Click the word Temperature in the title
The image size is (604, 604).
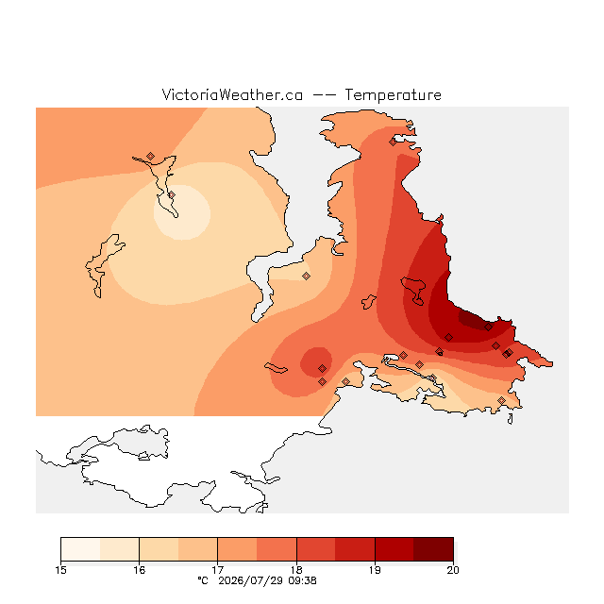click(x=393, y=94)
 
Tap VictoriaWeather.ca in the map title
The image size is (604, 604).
click(x=232, y=94)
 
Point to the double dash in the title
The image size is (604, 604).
click(x=324, y=95)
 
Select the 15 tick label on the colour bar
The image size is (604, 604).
click(x=60, y=570)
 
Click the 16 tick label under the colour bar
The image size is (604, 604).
click(x=139, y=570)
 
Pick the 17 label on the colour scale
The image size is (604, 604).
click(x=218, y=570)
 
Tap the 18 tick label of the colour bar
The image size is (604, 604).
click(x=296, y=570)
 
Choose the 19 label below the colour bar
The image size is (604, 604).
click(x=375, y=570)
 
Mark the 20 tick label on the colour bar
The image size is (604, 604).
click(x=453, y=570)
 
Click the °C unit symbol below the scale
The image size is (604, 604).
click(x=203, y=580)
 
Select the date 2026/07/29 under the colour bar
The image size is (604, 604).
click(x=251, y=581)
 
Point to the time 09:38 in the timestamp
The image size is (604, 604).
click(x=302, y=581)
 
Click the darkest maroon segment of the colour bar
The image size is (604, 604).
click(x=433, y=549)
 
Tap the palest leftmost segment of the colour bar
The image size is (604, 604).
click(x=80, y=549)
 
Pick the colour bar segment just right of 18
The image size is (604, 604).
click(x=316, y=549)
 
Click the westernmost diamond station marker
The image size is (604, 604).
click(x=151, y=156)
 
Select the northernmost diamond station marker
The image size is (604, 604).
click(x=393, y=143)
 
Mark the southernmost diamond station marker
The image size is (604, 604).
click(x=501, y=400)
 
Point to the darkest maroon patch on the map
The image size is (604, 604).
click(x=474, y=321)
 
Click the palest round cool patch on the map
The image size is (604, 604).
click(x=182, y=212)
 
